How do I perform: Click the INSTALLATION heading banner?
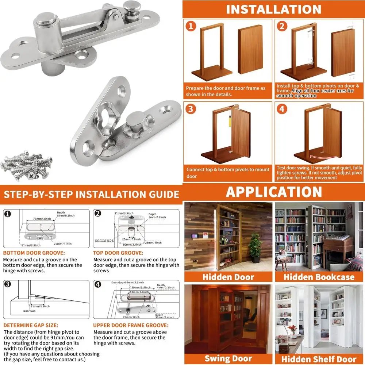pyautogui.click(x=273, y=9)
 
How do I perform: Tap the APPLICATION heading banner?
pyautogui.click(x=273, y=192)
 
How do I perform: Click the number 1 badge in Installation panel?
pyautogui.click(x=191, y=26)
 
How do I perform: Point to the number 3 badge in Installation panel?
pyautogui.click(x=191, y=109)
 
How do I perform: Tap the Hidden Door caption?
pyautogui.click(x=228, y=277)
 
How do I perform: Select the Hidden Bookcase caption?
pyautogui.click(x=319, y=277)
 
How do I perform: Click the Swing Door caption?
pyautogui.click(x=228, y=358)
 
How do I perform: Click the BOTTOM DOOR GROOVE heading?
pyautogui.click(x=34, y=253)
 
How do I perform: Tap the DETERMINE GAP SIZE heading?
pyautogui.click(x=31, y=325)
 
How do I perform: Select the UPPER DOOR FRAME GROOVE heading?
pyautogui.click(x=130, y=325)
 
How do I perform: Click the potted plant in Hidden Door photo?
pyautogui.click(x=255, y=246)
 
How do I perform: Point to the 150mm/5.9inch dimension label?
pyautogui.click(x=139, y=288)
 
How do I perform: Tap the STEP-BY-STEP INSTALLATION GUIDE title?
pyautogui.click(x=91, y=193)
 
